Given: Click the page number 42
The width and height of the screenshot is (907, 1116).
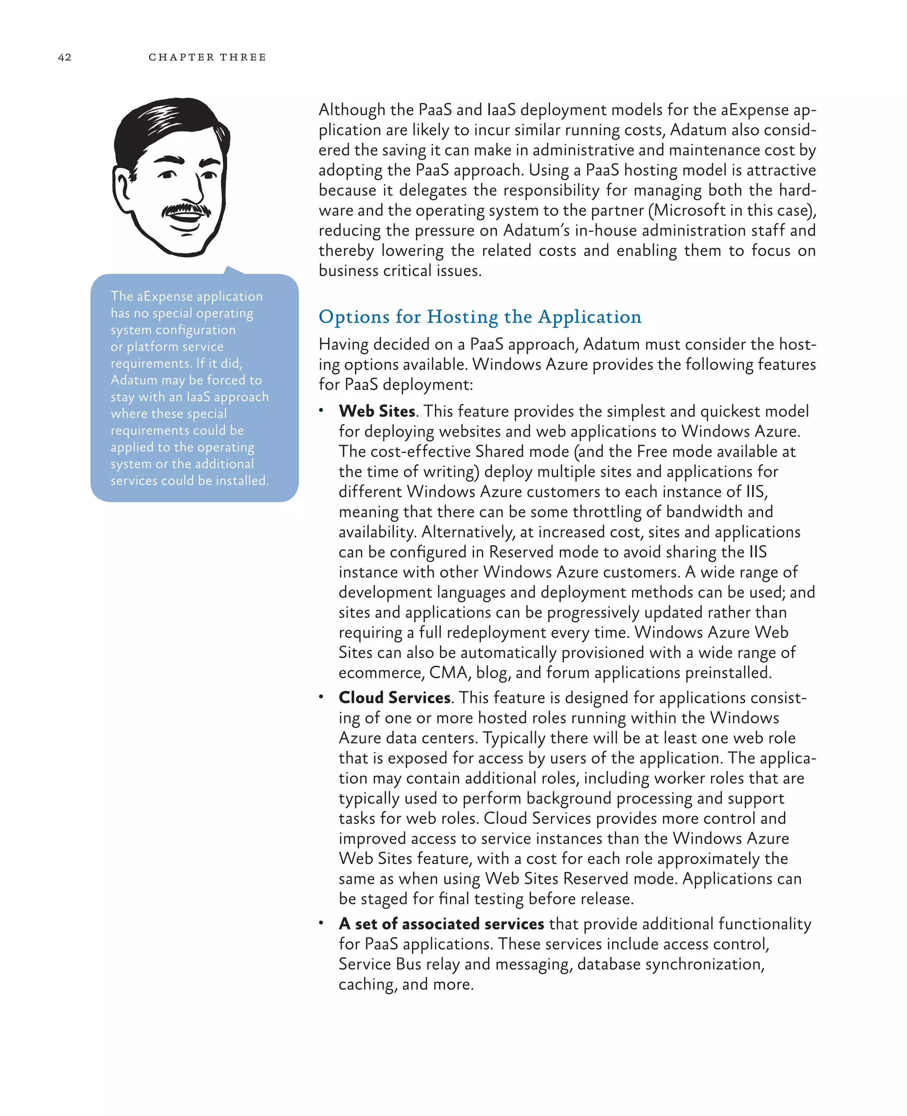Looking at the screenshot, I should click(x=65, y=58).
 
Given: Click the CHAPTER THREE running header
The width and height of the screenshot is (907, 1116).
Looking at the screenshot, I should click(x=207, y=58).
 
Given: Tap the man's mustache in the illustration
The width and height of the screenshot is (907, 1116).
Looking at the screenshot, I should click(x=186, y=209).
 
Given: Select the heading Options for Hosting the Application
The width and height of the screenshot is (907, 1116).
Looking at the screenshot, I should click(x=480, y=317).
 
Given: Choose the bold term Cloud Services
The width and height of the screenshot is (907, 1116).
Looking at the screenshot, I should click(x=395, y=697).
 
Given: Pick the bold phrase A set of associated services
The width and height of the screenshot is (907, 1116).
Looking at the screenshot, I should click(x=442, y=924).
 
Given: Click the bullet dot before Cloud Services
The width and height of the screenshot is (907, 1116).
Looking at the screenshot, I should click(x=322, y=697).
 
